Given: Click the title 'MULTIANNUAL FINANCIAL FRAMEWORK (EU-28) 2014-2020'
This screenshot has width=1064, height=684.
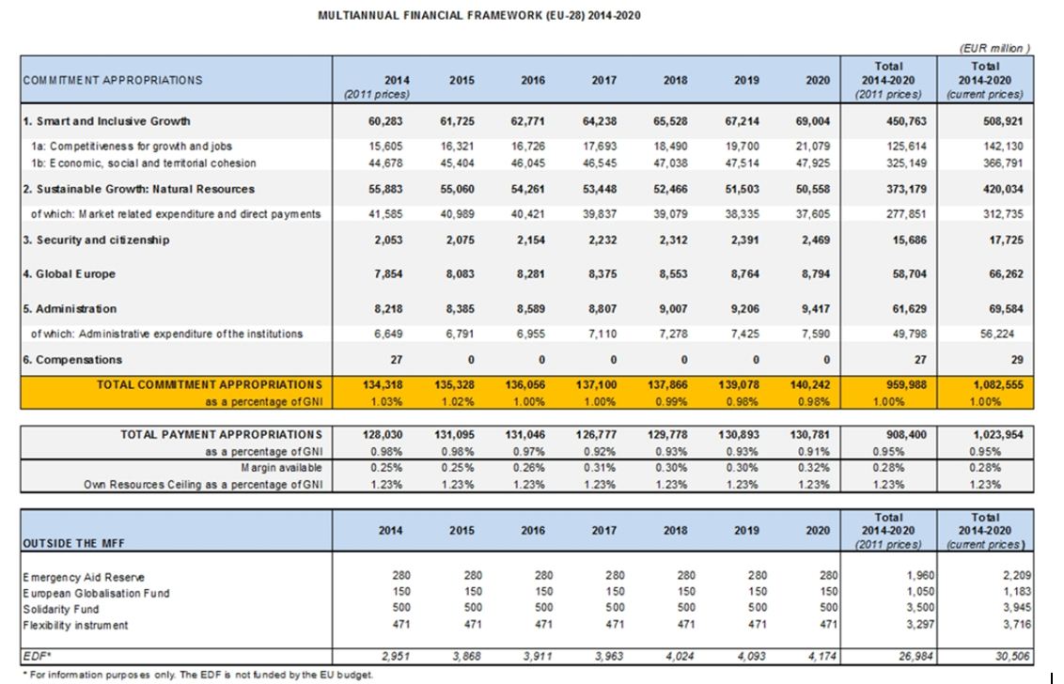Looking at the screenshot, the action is click(479, 15).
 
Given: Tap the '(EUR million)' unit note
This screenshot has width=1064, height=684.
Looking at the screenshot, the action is click(994, 48).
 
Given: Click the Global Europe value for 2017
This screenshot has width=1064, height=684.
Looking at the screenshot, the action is click(600, 274).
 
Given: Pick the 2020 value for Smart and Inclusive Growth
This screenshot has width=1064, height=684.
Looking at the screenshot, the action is click(813, 121).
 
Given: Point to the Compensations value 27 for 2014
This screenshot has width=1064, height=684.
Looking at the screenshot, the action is click(397, 360).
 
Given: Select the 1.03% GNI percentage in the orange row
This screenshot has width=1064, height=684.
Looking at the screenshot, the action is click(386, 402).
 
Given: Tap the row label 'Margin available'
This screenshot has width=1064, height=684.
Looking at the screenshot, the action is click(281, 468).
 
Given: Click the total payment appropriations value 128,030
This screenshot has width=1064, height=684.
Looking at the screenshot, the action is click(383, 434).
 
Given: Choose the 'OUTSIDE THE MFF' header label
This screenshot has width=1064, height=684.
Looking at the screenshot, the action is click(74, 543).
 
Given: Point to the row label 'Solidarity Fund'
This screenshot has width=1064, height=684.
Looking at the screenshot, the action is click(60, 610).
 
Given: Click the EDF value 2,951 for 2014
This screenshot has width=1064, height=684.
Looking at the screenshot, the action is click(396, 656).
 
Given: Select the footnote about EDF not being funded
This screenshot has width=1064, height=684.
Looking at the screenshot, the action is click(197, 675).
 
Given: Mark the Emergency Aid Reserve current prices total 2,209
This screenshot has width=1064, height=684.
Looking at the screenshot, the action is click(1016, 575).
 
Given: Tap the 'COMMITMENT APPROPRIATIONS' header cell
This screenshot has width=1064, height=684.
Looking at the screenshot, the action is click(113, 80).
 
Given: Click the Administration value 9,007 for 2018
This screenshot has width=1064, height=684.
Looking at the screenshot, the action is click(673, 309).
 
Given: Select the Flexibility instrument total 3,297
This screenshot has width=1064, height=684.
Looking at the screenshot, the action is click(920, 624).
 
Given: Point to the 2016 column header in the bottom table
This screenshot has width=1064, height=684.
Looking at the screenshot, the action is click(533, 531).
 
